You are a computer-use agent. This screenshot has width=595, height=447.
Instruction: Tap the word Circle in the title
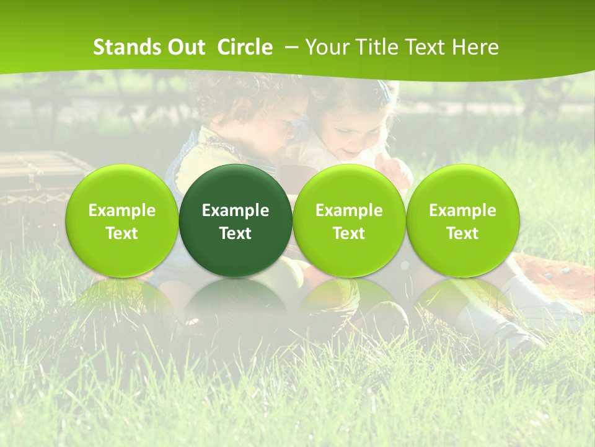pyautogui.click(x=245, y=47)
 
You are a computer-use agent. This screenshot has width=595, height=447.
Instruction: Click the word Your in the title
pyautogui.click(x=325, y=47)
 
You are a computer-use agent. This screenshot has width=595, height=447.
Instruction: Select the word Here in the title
pyautogui.click(x=474, y=47)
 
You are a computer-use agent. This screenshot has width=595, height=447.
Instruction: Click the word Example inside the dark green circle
pyautogui.click(x=236, y=210)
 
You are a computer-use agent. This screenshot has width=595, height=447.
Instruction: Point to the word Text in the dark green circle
pyautogui.click(x=236, y=233)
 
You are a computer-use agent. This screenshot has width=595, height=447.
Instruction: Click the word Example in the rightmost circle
pyautogui.click(x=463, y=210)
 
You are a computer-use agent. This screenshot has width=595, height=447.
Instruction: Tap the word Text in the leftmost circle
pyautogui.click(x=122, y=233)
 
